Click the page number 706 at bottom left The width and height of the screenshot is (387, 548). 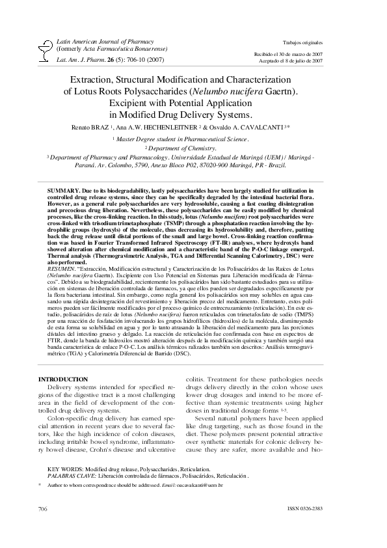44,527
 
